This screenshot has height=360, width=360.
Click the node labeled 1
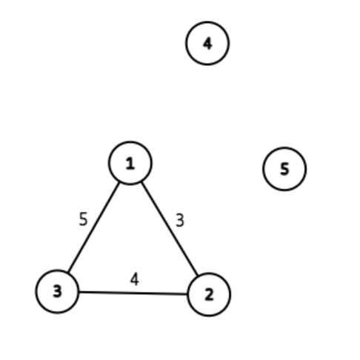pyautogui.click(x=130, y=163)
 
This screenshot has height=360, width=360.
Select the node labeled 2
pyautogui.click(x=209, y=294)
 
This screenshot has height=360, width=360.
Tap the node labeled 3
pyautogui.click(x=57, y=290)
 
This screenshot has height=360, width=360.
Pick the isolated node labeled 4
pyautogui.click(x=207, y=43)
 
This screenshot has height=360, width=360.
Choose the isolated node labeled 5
pyautogui.click(x=284, y=169)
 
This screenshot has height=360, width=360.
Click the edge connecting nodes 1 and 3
pyautogui.click(x=94, y=226)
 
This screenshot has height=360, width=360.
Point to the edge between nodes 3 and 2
pyautogui.click(x=133, y=293)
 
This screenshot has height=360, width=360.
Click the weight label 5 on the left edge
pyautogui.click(x=83, y=219)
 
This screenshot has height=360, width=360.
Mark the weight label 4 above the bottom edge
pyautogui.click(x=134, y=279)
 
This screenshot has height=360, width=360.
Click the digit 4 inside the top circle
pyautogui.click(x=207, y=43)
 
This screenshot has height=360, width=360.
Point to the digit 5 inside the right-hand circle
pyautogui.click(x=284, y=169)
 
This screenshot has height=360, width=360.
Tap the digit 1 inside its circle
pyautogui.click(x=130, y=163)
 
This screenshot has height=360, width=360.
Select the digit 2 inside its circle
pyautogui.click(x=209, y=294)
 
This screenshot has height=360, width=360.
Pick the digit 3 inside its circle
pyautogui.click(x=57, y=290)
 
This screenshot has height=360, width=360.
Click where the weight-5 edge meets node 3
pyautogui.click(x=68, y=270)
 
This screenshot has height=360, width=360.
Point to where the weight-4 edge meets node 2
pyautogui.click(x=187, y=294)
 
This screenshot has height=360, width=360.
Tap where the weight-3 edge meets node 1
pyautogui.click(x=141, y=182)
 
